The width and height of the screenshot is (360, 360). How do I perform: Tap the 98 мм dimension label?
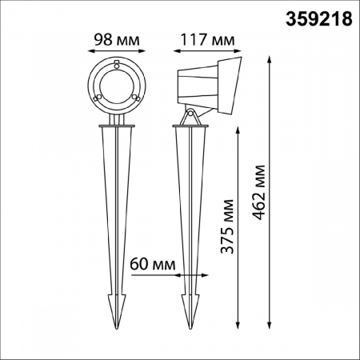coord(115,38)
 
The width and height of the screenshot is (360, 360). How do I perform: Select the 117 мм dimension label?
coord(208,38)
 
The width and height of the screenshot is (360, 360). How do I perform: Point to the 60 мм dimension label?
coord(152,262)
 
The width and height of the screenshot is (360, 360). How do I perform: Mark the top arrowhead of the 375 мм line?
coord(238,129)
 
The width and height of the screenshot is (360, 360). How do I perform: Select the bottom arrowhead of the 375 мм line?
coord(238,325)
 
